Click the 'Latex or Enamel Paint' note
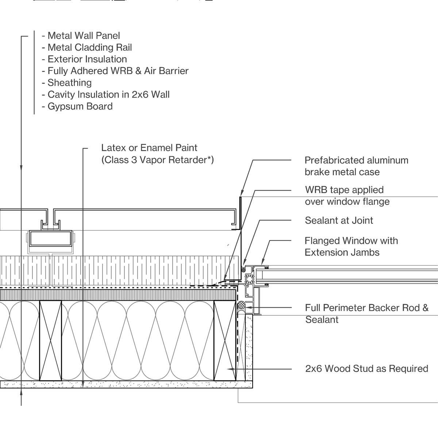pyautogui.click(x=149, y=148)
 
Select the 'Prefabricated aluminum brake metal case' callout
pyautogui.click(x=356, y=166)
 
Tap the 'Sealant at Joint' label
pyautogui.click(x=339, y=220)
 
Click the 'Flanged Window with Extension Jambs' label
pyautogui.click(x=351, y=246)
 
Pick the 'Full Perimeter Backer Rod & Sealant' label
pyautogui.click(x=366, y=314)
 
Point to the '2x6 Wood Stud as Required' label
pyautogui.click(x=366, y=369)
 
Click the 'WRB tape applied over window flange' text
pyautogui.click(x=347, y=196)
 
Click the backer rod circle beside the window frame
pyautogui.click(x=241, y=305)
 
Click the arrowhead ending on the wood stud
pyautogui.click(x=230, y=369)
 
